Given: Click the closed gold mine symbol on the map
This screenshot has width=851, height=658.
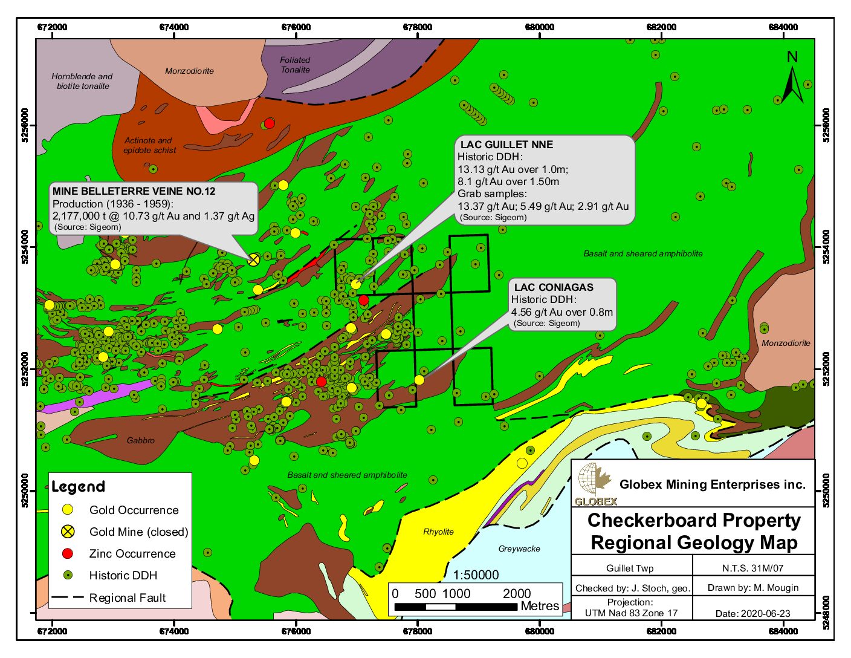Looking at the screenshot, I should point(254,260).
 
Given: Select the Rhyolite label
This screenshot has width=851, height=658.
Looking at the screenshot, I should point(438,532).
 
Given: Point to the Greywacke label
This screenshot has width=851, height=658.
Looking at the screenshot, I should point(519,549).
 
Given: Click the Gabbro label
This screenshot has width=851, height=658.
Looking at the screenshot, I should point(141,441).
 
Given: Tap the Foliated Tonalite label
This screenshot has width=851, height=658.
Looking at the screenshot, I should point(295,65).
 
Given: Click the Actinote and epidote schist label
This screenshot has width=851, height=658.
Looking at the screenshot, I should point(149,145).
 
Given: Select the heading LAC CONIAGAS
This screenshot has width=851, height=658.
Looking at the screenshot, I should point(554,287).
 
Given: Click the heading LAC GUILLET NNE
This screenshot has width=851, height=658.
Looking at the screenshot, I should point(506,145).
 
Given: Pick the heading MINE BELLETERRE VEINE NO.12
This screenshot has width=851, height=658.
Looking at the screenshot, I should point(134,191).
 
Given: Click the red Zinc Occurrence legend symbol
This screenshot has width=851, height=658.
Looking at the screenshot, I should point(68,553).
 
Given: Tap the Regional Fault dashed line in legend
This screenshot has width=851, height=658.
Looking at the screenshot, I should point(67,598).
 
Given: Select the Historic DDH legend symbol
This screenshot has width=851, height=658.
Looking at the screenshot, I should point(68,575).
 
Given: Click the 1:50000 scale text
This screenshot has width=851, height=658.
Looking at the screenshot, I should point(476,575).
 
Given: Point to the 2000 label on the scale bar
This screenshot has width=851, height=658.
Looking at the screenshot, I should point(517,593).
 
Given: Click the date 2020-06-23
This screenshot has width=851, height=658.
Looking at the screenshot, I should point(752,613).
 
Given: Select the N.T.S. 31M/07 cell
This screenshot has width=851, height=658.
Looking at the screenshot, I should point(752,568).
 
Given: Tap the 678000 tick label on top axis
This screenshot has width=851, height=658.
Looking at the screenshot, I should point(418,27).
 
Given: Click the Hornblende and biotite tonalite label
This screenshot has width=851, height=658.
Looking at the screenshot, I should point(82,82).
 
